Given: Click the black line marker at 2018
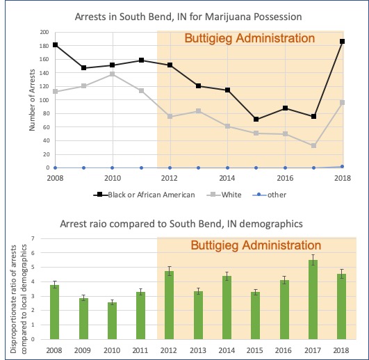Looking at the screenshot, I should click(x=343, y=42).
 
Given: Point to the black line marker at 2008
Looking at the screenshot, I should click(x=56, y=45).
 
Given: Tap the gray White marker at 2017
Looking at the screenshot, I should click(x=314, y=145).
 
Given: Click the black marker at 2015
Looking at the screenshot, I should click(x=256, y=120).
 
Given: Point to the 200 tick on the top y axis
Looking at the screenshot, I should click(x=44, y=32).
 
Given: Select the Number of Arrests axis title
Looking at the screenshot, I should click(x=31, y=101).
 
